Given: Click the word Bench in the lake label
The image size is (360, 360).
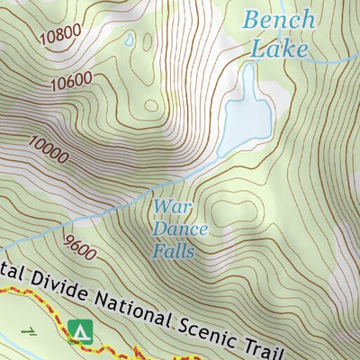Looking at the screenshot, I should [x=280, y=20].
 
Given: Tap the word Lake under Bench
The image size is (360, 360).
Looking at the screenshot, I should [x=279, y=49].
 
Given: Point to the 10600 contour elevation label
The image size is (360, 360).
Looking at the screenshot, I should [x=72, y=82].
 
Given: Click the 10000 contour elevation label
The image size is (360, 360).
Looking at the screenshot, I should [x=48, y=149].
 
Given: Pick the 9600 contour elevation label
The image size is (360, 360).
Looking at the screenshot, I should [x=80, y=245].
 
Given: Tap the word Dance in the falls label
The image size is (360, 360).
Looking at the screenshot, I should [x=180, y=229].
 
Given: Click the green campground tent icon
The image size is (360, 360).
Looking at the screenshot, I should [x=81, y=332].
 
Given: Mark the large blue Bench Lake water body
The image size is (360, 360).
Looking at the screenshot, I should [x=247, y=112].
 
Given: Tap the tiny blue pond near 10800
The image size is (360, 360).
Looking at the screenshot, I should [x=130, y=40].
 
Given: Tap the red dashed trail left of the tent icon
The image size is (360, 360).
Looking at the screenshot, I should [x=36, y=296].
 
